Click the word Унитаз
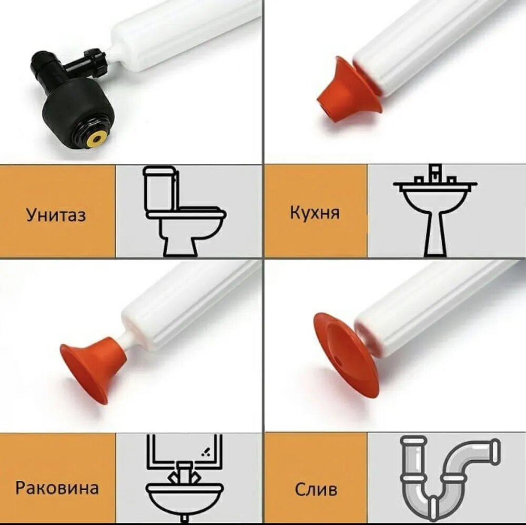tap(56, 215)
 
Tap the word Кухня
tap(315, 213)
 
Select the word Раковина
tap(57, 488)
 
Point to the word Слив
tap(316, 489)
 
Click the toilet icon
tap(184, 212)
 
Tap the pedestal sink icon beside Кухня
tap(435, 210)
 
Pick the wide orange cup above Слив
tap(346, 353)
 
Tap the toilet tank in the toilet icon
tap(159, 188)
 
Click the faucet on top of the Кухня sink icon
tap(435, 173)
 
